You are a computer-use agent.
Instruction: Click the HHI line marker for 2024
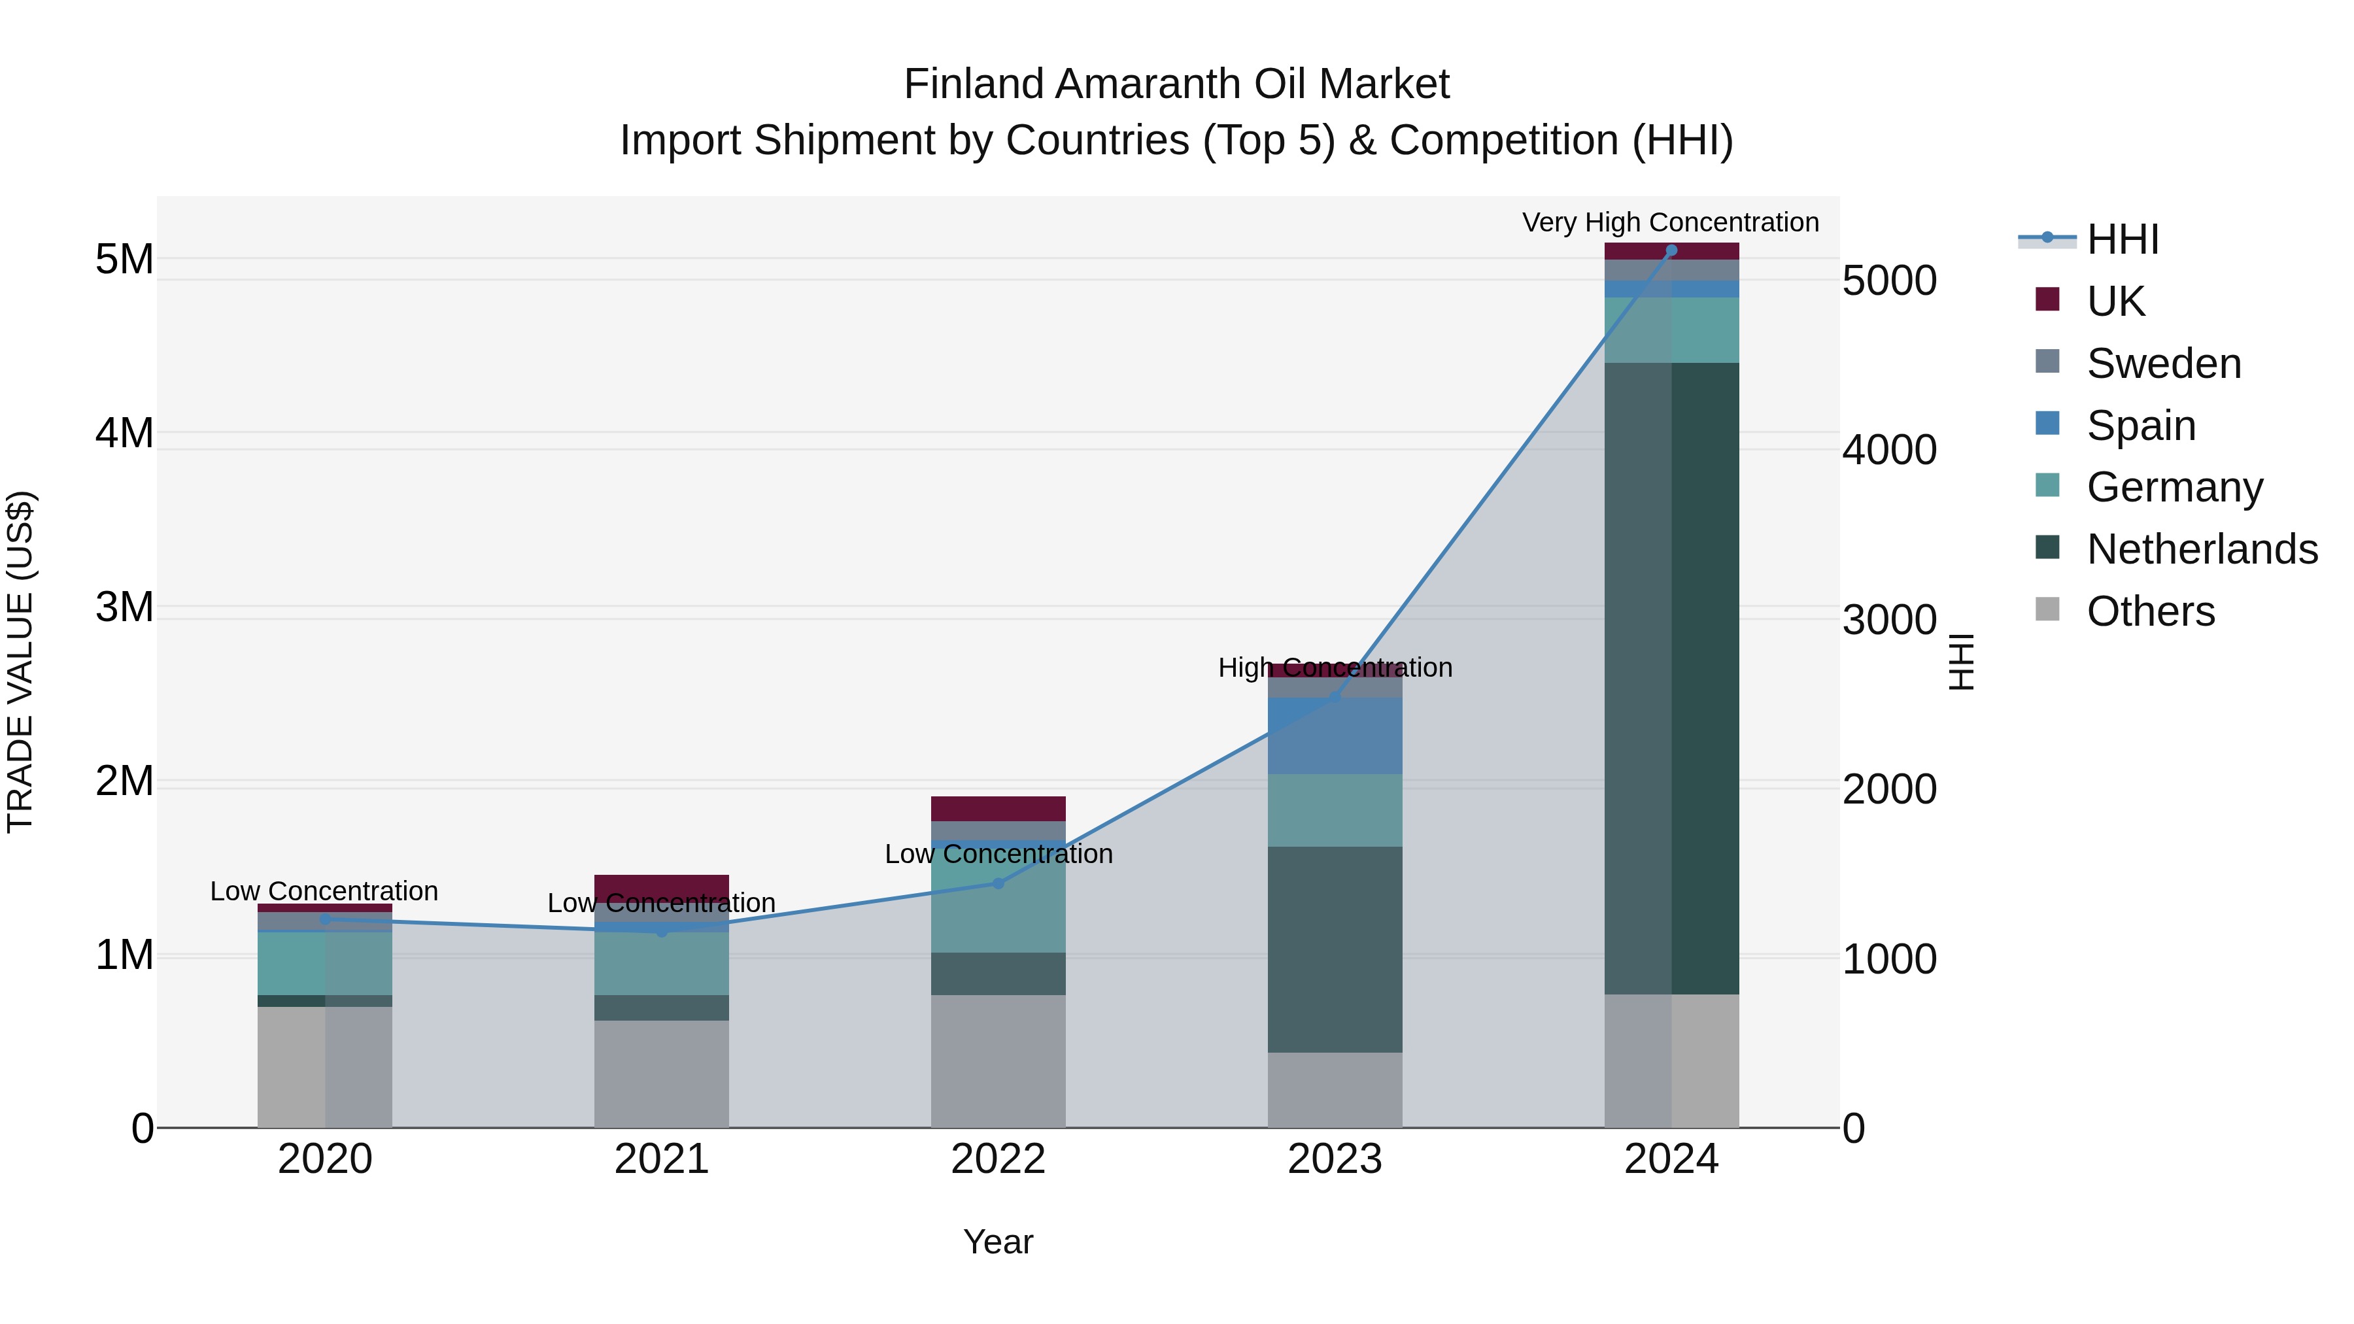click(1671, 250)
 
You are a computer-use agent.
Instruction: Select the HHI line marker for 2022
click(998, 883)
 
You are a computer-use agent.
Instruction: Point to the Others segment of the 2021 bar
click(662, 1074)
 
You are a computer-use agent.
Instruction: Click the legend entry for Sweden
click(2163, 364)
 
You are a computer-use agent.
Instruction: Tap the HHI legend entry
click(2122, 239)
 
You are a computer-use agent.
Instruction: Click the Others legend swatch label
click(2150, 611)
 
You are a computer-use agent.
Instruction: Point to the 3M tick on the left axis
click(124, 607)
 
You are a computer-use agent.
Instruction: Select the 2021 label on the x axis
click(662, 1159)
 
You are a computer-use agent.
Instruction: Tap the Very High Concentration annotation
click(1669, 222)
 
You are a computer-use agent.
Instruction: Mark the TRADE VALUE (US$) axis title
click(20, 662)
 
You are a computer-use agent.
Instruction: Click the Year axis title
click(998, 1242)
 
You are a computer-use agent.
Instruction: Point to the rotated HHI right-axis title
click(1961, 662)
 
